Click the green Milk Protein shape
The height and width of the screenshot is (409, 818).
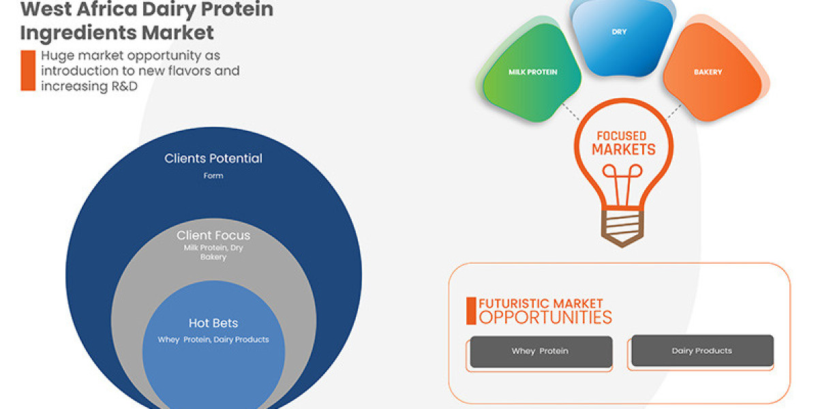(532, 72)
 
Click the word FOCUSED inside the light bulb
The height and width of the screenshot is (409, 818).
(622, 136)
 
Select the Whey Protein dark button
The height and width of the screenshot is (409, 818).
(539, 351)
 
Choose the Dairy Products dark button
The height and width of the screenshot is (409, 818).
(701, 350)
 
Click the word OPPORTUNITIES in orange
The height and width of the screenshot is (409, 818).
(545, 317)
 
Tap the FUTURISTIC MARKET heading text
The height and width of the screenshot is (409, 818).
(541, 303)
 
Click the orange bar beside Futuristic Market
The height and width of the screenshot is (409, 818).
(470, 310)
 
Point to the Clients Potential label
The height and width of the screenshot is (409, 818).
(213, 158)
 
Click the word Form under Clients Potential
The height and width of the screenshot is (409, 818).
(213, 175)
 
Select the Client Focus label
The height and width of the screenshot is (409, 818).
(213, 235)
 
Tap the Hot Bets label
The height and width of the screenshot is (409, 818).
(213, 323)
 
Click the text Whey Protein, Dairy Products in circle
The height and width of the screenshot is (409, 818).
(213, 339)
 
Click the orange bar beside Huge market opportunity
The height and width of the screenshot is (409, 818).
(27, 70)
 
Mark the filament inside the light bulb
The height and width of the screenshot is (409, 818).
(621, 185)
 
